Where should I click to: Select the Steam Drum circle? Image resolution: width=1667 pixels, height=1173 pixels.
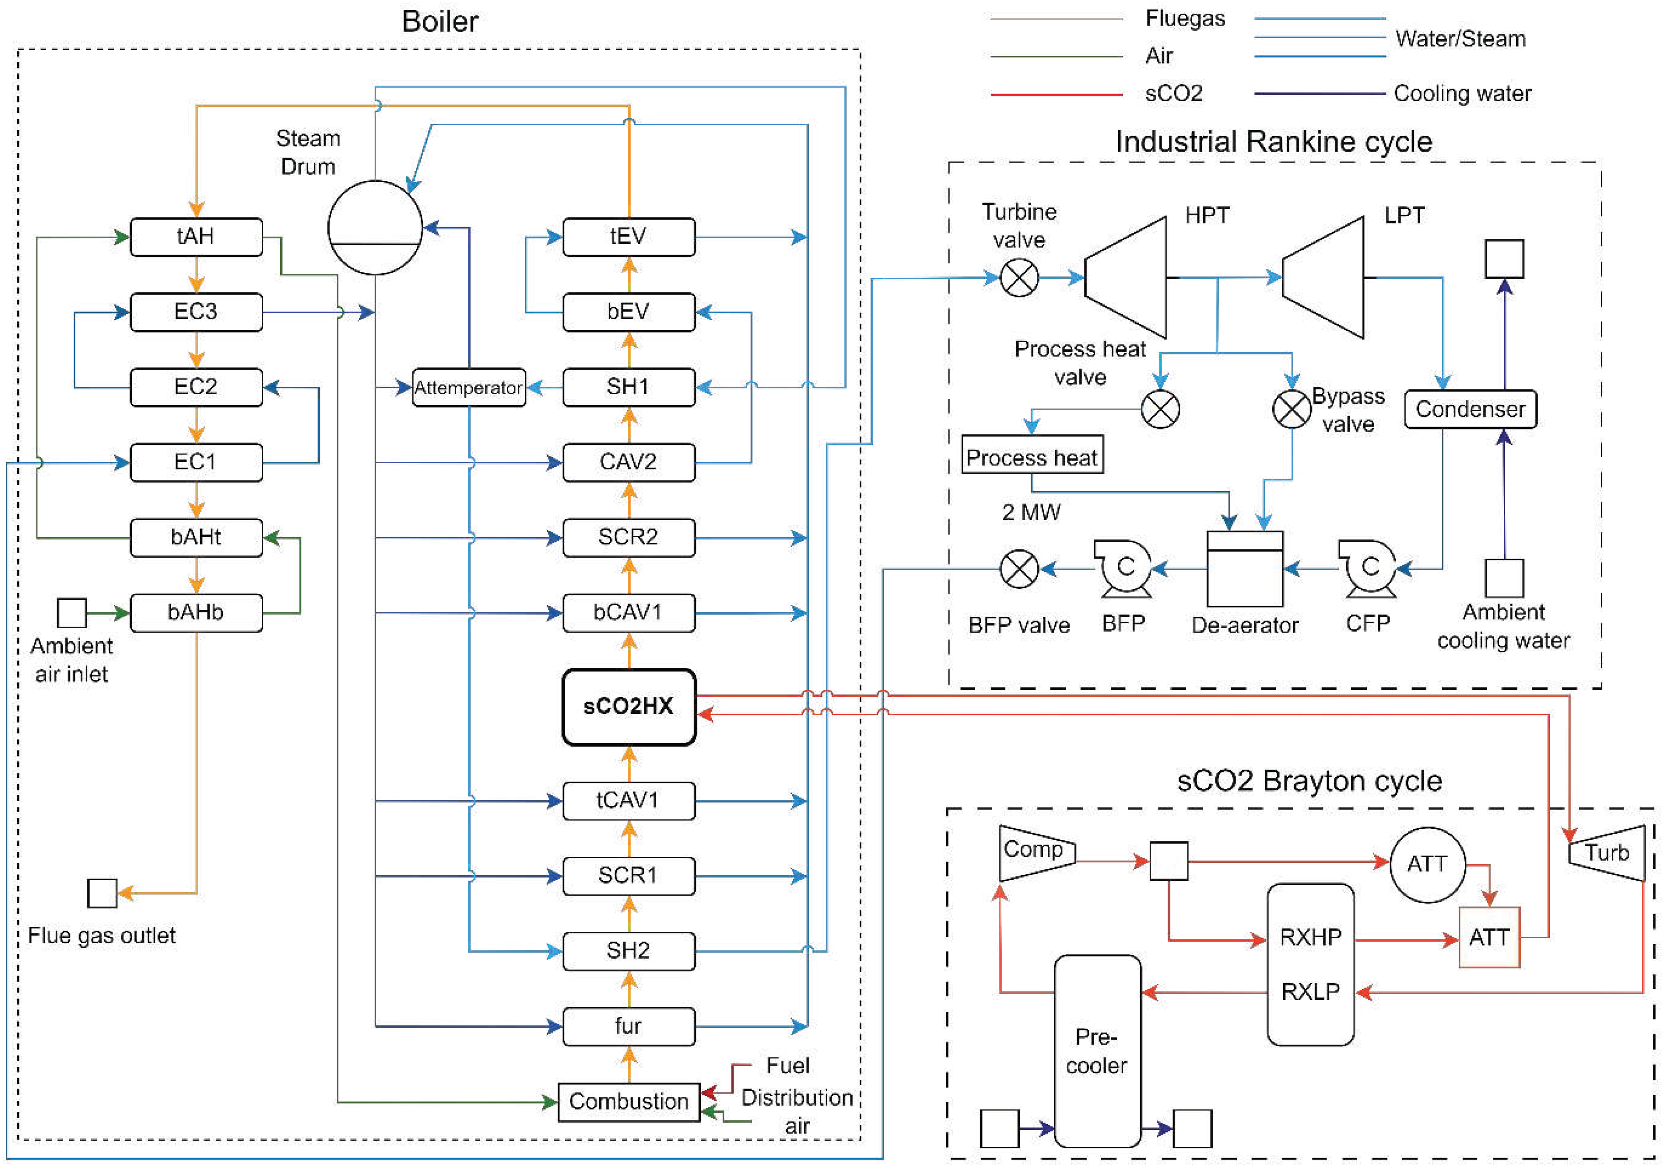(x=375, y=227)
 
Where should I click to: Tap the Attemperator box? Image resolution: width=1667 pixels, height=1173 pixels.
(x=468, y=388)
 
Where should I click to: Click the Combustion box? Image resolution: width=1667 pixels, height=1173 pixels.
(x=629, y=1102)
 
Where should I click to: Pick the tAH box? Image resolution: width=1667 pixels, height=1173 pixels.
(x=196, y=237)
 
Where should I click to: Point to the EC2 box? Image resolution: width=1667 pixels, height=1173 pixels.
(x=196, y=387)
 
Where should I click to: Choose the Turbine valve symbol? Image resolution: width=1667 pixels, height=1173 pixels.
(x=1019, y=277)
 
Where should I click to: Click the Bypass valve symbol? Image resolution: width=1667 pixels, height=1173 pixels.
(x=1292, y=409)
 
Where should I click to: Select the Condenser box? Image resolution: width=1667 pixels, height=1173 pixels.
(x=1470, y=409)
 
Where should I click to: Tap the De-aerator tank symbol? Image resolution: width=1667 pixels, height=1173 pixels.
(x=1244, y=569)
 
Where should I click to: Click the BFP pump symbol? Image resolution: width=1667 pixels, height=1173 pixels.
(x=1124, y=568)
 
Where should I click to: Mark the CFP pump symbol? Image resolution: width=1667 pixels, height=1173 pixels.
(x=1369, y=568)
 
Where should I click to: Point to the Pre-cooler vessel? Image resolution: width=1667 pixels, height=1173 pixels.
(x=1097, y=1051)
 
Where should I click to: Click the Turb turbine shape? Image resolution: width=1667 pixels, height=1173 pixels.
(x=1608, y=853)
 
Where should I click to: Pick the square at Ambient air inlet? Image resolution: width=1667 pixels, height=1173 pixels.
(x=72, y=613)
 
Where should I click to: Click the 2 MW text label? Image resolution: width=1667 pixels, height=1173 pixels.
(x=1031, y=513)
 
